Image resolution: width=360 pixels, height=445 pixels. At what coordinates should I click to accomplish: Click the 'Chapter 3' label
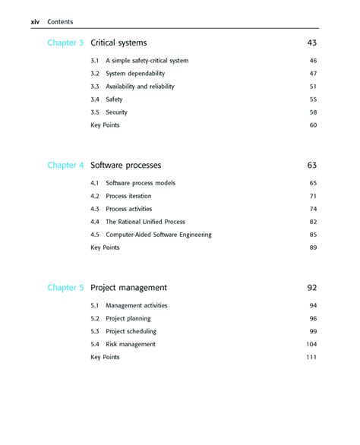pos(65,43)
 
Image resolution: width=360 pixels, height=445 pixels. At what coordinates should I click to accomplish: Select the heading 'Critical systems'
pos(118,43)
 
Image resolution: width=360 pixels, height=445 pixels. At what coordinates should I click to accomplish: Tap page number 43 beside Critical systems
pos(311,43)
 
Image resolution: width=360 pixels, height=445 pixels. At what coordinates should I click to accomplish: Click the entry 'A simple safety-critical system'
pos(147,61)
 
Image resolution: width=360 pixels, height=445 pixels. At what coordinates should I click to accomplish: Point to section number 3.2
pos(95,74)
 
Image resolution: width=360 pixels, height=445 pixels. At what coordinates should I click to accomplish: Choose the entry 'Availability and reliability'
pos(140,87)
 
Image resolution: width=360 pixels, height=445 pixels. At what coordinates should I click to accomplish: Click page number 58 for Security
pos(312,112)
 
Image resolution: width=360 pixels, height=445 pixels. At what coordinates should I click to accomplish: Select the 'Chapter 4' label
pos(65,165)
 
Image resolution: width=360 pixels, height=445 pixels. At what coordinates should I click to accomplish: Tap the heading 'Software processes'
pos(125,165)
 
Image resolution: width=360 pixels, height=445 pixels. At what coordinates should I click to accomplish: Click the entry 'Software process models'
pos(141,183)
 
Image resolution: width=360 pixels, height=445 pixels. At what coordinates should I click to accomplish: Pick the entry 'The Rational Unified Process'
pos(145,222)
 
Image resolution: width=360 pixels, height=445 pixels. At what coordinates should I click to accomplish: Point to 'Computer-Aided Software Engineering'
pos(158,235)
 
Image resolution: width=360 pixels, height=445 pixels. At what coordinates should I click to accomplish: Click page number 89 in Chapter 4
pos(312,248)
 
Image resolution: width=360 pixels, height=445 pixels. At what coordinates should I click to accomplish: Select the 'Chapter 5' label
pos(65,288)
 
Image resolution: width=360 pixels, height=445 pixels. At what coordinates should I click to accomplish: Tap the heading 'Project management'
pos(128,288)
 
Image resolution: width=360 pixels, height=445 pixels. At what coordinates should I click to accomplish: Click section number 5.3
pos(95,331)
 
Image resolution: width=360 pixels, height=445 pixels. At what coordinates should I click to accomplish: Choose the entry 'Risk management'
pos(131,344)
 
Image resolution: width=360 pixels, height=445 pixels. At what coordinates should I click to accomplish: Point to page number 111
pos(311,357)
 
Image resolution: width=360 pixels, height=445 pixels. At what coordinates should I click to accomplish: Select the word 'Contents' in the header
pos(60,22)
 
